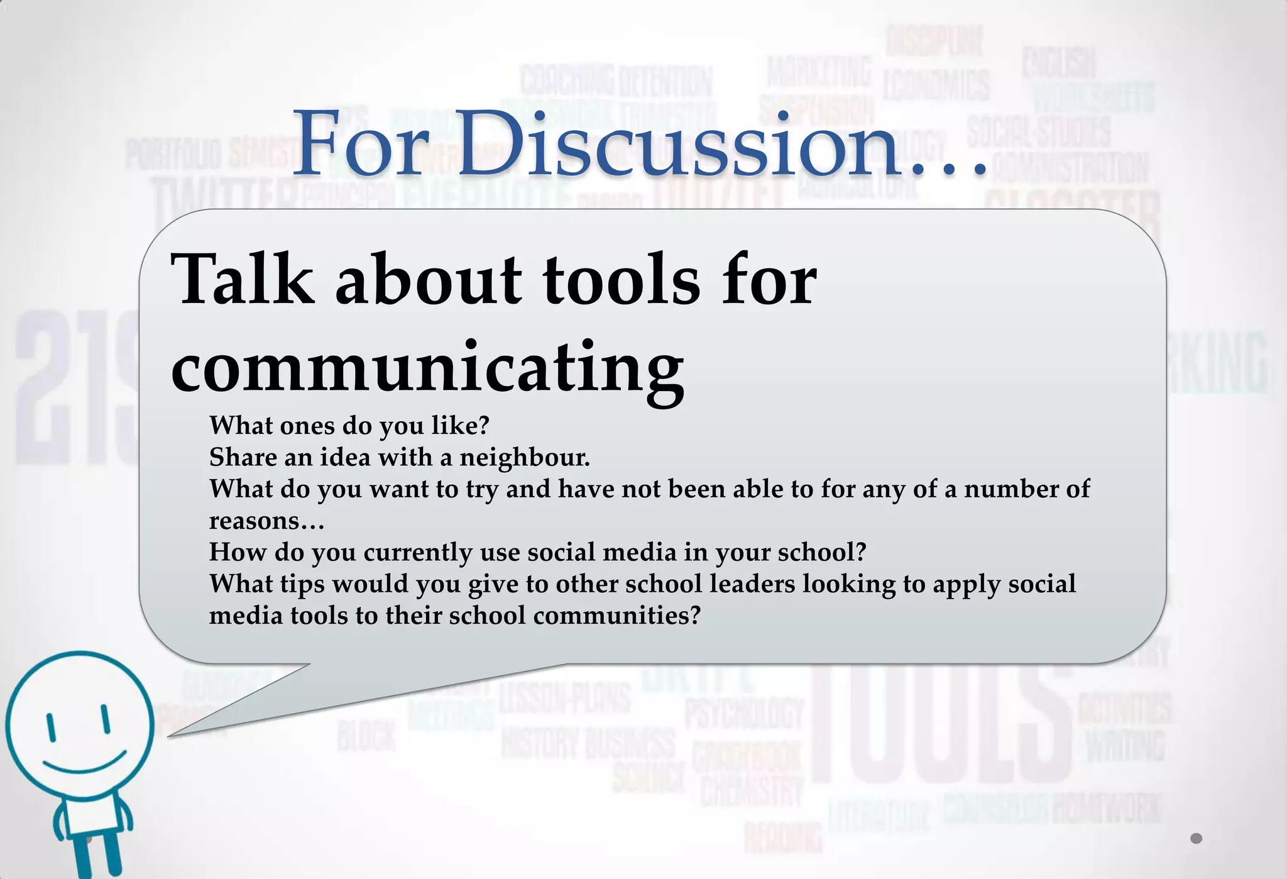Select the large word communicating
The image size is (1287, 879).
click(x=427, y=368)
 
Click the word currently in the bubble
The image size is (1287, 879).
click(x=417, y=552)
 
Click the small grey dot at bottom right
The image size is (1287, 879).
click(x=1196, y=838)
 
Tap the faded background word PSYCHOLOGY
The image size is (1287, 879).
click(x=744, y=714)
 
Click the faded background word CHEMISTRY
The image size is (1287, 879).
click(x=752, y=791)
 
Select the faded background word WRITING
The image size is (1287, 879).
click(x=1125, y=746)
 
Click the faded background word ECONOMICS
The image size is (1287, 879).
click(x=936, y=85)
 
